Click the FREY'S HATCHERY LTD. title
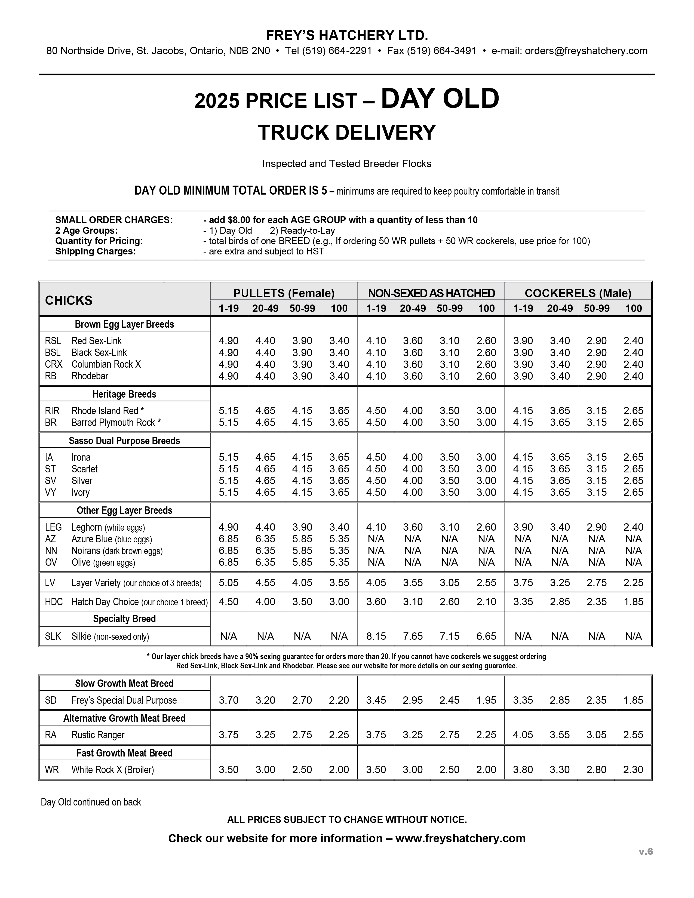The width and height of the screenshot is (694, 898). (346, 36)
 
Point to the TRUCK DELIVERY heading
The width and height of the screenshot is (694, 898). (346, 133)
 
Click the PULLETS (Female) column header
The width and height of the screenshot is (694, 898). (284, 293)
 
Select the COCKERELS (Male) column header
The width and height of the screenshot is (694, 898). (578, 293)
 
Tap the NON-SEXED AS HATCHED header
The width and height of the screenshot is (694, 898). (431, 293)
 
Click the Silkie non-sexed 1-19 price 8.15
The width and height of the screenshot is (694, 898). (376, 636)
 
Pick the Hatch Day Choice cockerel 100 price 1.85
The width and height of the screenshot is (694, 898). (633, 602)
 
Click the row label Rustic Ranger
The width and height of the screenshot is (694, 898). (98, 735)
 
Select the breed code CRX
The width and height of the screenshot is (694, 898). (53, 364)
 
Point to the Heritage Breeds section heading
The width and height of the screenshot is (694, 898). (124, 394)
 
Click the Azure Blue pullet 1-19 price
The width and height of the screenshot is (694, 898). (228, 539)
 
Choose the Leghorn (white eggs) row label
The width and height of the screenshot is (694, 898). (108, 528)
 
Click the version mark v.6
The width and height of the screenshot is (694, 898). (646, 851)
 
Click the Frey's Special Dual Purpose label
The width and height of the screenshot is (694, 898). (124, 700)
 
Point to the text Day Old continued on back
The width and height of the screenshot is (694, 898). (91, 802)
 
